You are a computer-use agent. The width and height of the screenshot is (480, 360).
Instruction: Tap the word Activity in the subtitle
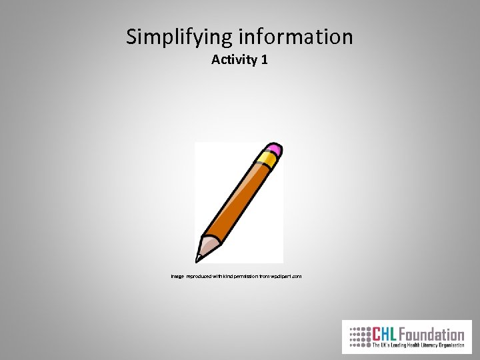[x=234, y=60]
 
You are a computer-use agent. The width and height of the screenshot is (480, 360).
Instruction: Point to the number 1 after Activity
[x=265, y=60]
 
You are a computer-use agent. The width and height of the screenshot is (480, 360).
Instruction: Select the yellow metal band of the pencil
[x=266, y=161]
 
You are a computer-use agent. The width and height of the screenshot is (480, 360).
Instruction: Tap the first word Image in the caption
[x=177, y=275]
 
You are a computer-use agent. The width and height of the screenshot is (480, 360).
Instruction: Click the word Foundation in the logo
[x=433, y=333]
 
